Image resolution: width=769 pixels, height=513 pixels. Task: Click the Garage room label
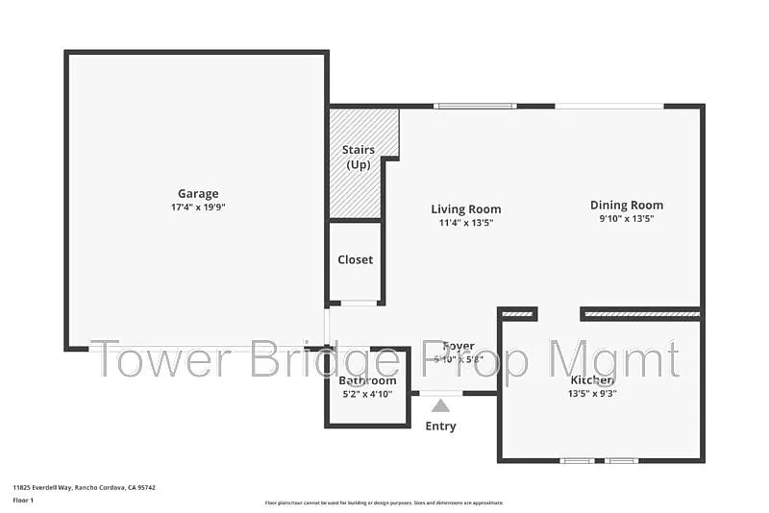pyautogui.click(x=197, y=193)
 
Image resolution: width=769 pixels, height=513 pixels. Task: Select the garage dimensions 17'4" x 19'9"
pyautogui.click(x=197, y=207)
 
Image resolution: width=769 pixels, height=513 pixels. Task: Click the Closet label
pyautogui.click(x=355, y=259)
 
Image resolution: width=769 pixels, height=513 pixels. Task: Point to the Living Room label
pyautogui.click(x=465, y=209)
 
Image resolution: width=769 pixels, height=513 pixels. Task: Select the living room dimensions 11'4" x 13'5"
pyautogui.click(x=465, y=223)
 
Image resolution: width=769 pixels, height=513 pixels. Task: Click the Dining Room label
pyautogui.click(x=626, y=205)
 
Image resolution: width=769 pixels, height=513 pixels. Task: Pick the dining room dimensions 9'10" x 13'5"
pyautogui.click(x=626, y=218)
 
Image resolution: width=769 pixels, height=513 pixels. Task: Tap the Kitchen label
pyautogui.click(x=590, y=379)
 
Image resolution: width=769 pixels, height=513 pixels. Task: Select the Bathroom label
pyautogui.click(x=367, y=380)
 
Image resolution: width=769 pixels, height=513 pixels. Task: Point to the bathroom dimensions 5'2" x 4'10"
pyautogui.click(x=367, y=394)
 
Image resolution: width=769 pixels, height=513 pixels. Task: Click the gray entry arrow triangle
pyautogui.click(x=440, y=405)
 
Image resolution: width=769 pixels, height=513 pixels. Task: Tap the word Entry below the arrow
pyautogui.click(x=440, y=427)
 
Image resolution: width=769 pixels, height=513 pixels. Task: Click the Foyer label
pyautogui.click(x=459, y=347)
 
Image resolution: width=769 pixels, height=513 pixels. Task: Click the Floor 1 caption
pyautogui.click(x=24, y=501)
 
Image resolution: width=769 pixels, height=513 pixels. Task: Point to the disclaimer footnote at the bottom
pyautogui.click(x=384, y=502)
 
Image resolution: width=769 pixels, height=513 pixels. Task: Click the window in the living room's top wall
pyautogui.click(x=475, y=106)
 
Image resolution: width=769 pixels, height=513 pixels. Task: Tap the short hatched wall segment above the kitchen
pyautogui.click(x=518, y=313)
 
